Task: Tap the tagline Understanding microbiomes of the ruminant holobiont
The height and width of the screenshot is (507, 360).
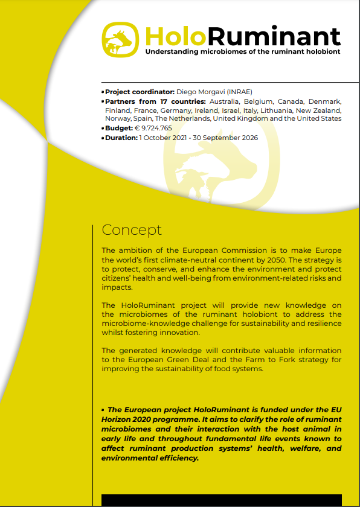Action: (243, 52)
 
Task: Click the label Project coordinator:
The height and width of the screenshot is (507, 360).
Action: (140, 91)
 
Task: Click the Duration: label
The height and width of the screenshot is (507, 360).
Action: (121, 138)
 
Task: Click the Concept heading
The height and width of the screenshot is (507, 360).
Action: (132, 230)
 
